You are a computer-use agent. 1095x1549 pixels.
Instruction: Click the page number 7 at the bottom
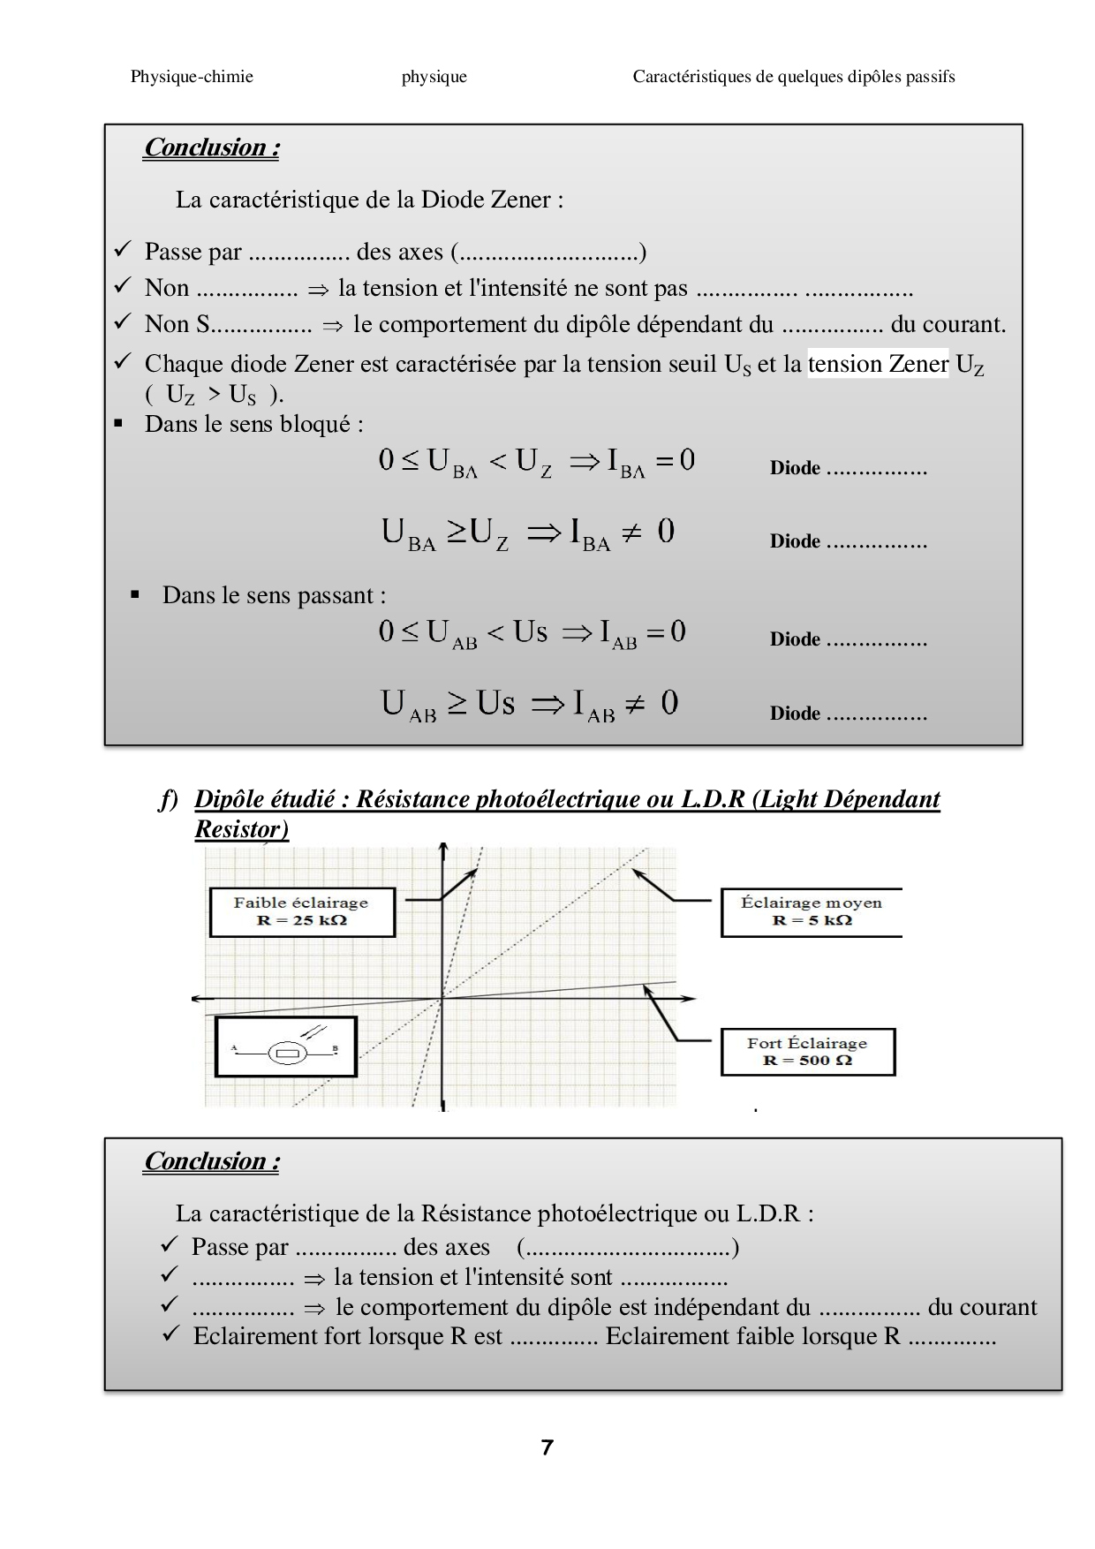(547, 1447)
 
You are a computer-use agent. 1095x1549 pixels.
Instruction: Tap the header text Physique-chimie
(192, 77)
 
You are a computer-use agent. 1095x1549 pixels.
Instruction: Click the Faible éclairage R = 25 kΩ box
(301, 911)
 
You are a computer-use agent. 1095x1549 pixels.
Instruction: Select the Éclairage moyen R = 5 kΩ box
(811, 911)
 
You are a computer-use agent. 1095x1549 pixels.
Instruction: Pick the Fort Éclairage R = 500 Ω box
(807, 1051)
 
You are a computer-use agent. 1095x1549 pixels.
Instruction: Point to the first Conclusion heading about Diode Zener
(211, 147)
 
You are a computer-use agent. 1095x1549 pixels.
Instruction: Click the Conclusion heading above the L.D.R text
(211, 1161)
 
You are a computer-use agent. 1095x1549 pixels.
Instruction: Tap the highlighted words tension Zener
(878, 364)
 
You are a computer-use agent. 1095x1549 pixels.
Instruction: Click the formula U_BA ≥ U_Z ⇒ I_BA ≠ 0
(528, 533)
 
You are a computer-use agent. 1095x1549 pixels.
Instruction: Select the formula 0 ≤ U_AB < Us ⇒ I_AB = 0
(532, 633)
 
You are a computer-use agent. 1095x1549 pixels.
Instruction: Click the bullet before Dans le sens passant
(135, 595)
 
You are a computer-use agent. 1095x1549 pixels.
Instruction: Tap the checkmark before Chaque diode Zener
(123, 362)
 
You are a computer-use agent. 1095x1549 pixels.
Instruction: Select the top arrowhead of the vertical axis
(442, 850)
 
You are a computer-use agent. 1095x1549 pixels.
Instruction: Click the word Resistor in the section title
(241, 829)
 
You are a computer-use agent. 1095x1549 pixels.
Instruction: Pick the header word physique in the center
(434, 77)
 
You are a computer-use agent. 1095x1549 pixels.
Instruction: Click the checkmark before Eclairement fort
(170, 1334)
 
